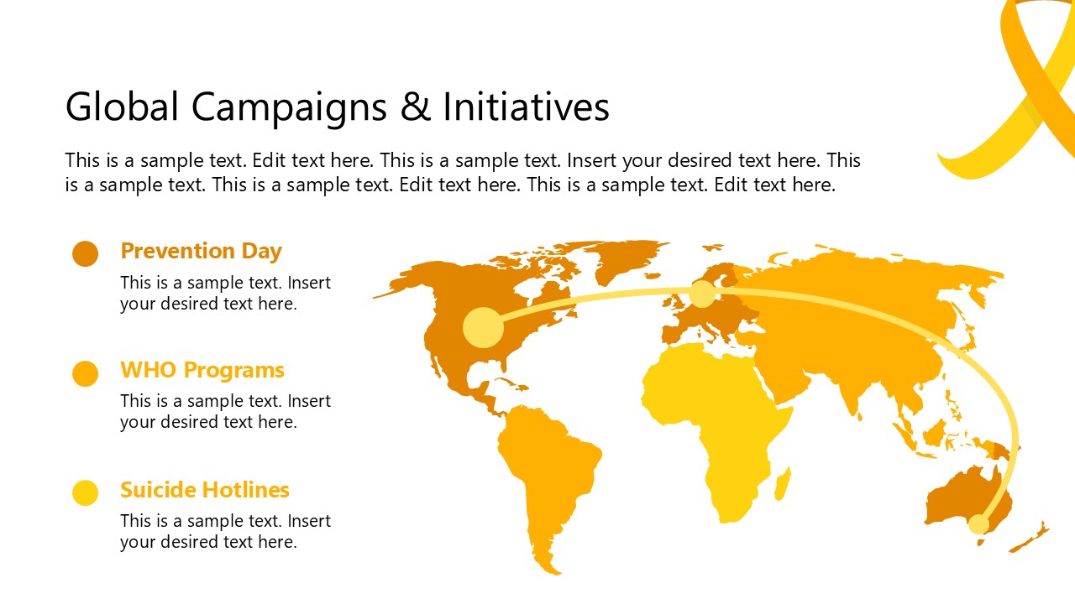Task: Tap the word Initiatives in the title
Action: point(526,107)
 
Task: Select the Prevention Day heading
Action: point(201,251)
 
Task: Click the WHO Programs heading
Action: point(202,370)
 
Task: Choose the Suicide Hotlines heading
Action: point(205,490)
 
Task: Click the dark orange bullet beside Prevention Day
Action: point(86,253)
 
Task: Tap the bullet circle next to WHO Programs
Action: point(86,373)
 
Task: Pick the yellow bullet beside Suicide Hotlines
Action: point(86,492)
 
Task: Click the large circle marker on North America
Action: point(483,327)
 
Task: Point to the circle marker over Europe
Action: point(702,294)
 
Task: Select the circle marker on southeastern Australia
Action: point(978,524)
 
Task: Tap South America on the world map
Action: point(546,470)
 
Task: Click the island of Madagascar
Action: point(782,484)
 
